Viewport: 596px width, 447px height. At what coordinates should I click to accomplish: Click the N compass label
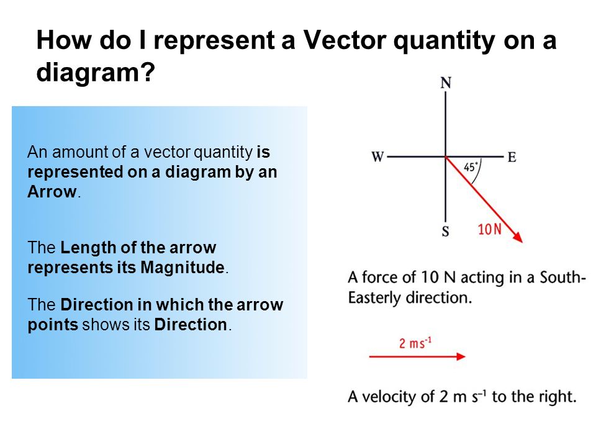pos(445,83)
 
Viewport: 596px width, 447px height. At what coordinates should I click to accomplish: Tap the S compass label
pos(446,232)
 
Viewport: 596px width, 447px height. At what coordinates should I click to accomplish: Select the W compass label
pos(377,156)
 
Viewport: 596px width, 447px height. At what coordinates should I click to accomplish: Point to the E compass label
pos(512,157)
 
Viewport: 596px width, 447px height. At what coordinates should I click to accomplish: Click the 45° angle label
pos(472,167)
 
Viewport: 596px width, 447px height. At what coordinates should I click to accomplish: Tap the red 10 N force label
pos(490,229)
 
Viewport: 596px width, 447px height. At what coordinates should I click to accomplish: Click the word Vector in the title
pos(342,41)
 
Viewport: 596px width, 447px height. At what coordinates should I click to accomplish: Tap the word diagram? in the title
pos(95,73)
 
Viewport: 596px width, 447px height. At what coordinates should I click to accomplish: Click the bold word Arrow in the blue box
pos(52,191)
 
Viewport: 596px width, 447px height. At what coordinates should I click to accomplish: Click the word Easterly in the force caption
pos(374,297)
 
